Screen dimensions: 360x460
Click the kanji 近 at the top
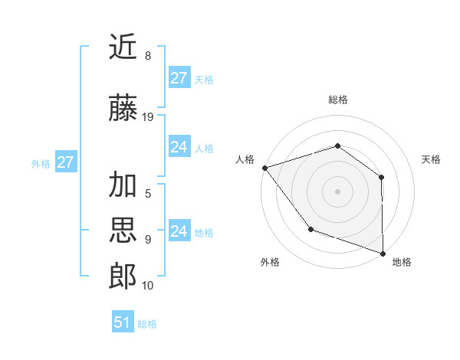coord(123,47)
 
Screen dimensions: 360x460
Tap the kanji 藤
coord(123,109)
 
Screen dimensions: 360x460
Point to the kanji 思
coord(123,231)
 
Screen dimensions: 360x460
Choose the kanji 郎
coord(123,277)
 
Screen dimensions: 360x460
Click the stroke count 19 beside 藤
coord(148,117)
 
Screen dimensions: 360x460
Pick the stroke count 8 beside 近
coord(148,56)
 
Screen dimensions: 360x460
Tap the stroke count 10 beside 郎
coord(148,286)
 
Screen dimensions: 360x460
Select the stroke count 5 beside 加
coord(148,194)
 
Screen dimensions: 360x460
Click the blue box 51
coord(123,322)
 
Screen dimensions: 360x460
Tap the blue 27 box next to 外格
coord(65,162)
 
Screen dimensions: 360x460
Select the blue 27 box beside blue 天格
coord(179,78)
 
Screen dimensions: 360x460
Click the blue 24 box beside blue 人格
coord(179,147)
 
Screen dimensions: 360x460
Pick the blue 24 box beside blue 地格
coord(179,231)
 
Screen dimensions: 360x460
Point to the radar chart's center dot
coord(337,191)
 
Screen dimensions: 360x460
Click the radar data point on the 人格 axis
coord(264,167)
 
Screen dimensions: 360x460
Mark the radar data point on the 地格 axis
coord(383,253)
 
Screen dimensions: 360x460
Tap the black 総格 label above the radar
coord(337,100)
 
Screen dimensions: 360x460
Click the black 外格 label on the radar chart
coord(270,262)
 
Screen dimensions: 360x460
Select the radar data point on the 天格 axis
coord(381,177)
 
